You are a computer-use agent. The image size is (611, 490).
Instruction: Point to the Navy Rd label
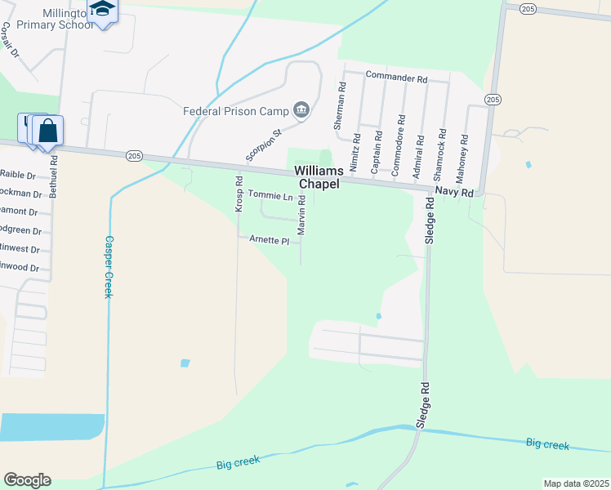pyautogui.click(x=454, y=193)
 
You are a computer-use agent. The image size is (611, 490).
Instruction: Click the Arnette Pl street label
pyautogui.click(x=269, y=241)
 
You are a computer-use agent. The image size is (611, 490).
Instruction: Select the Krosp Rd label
pyautogui.click(x=239, y=194)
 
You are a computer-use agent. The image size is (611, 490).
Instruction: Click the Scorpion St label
pyautogui.click(x=264, y=144)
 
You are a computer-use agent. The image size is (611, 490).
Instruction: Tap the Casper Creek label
pyautogui.click(x=107, y=267)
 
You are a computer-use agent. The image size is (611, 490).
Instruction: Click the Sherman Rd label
pyautogui.click(x=341, y=110)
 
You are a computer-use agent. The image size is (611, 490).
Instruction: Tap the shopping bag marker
pyautogui.click(x=47, y=131)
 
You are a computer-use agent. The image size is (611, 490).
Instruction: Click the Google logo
pyautogui.click(x=28, y=480)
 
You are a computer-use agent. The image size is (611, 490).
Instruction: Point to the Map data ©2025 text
pyautogui.click(x=576, y=483)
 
